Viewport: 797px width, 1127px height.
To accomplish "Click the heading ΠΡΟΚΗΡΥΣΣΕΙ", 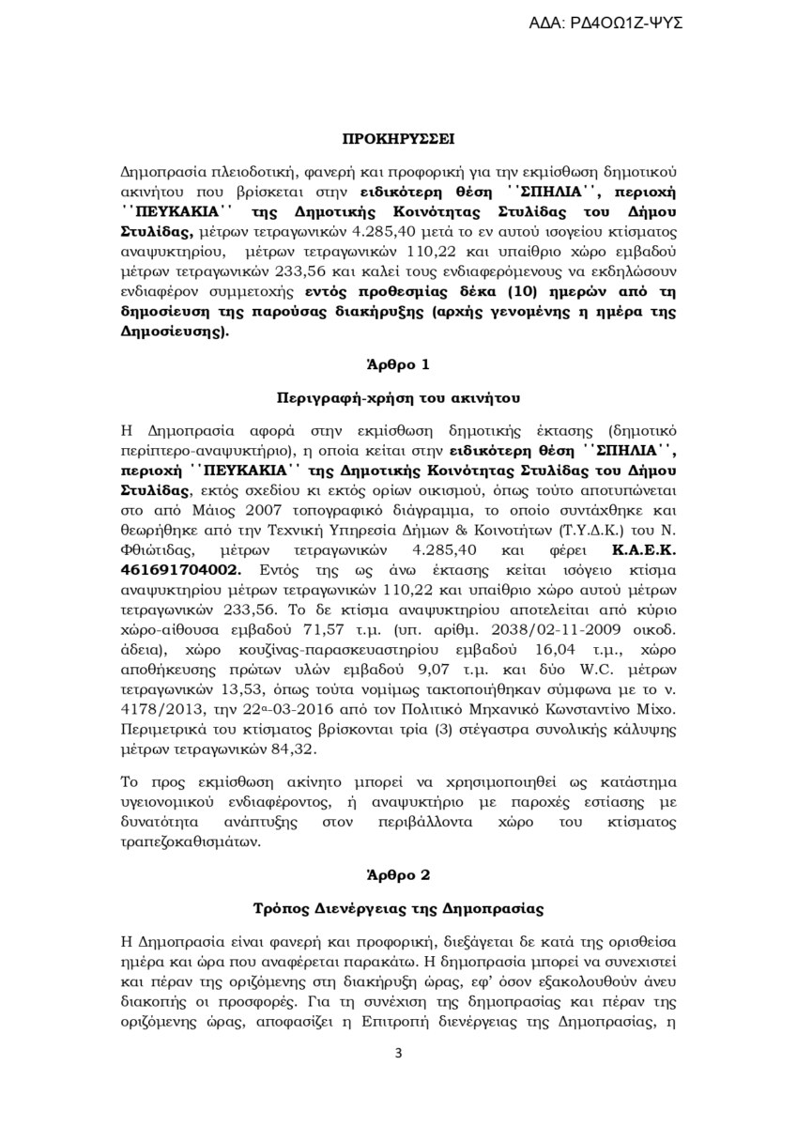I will coord(397,137).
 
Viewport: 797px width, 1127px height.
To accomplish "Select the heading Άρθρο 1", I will coord(398,363).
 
